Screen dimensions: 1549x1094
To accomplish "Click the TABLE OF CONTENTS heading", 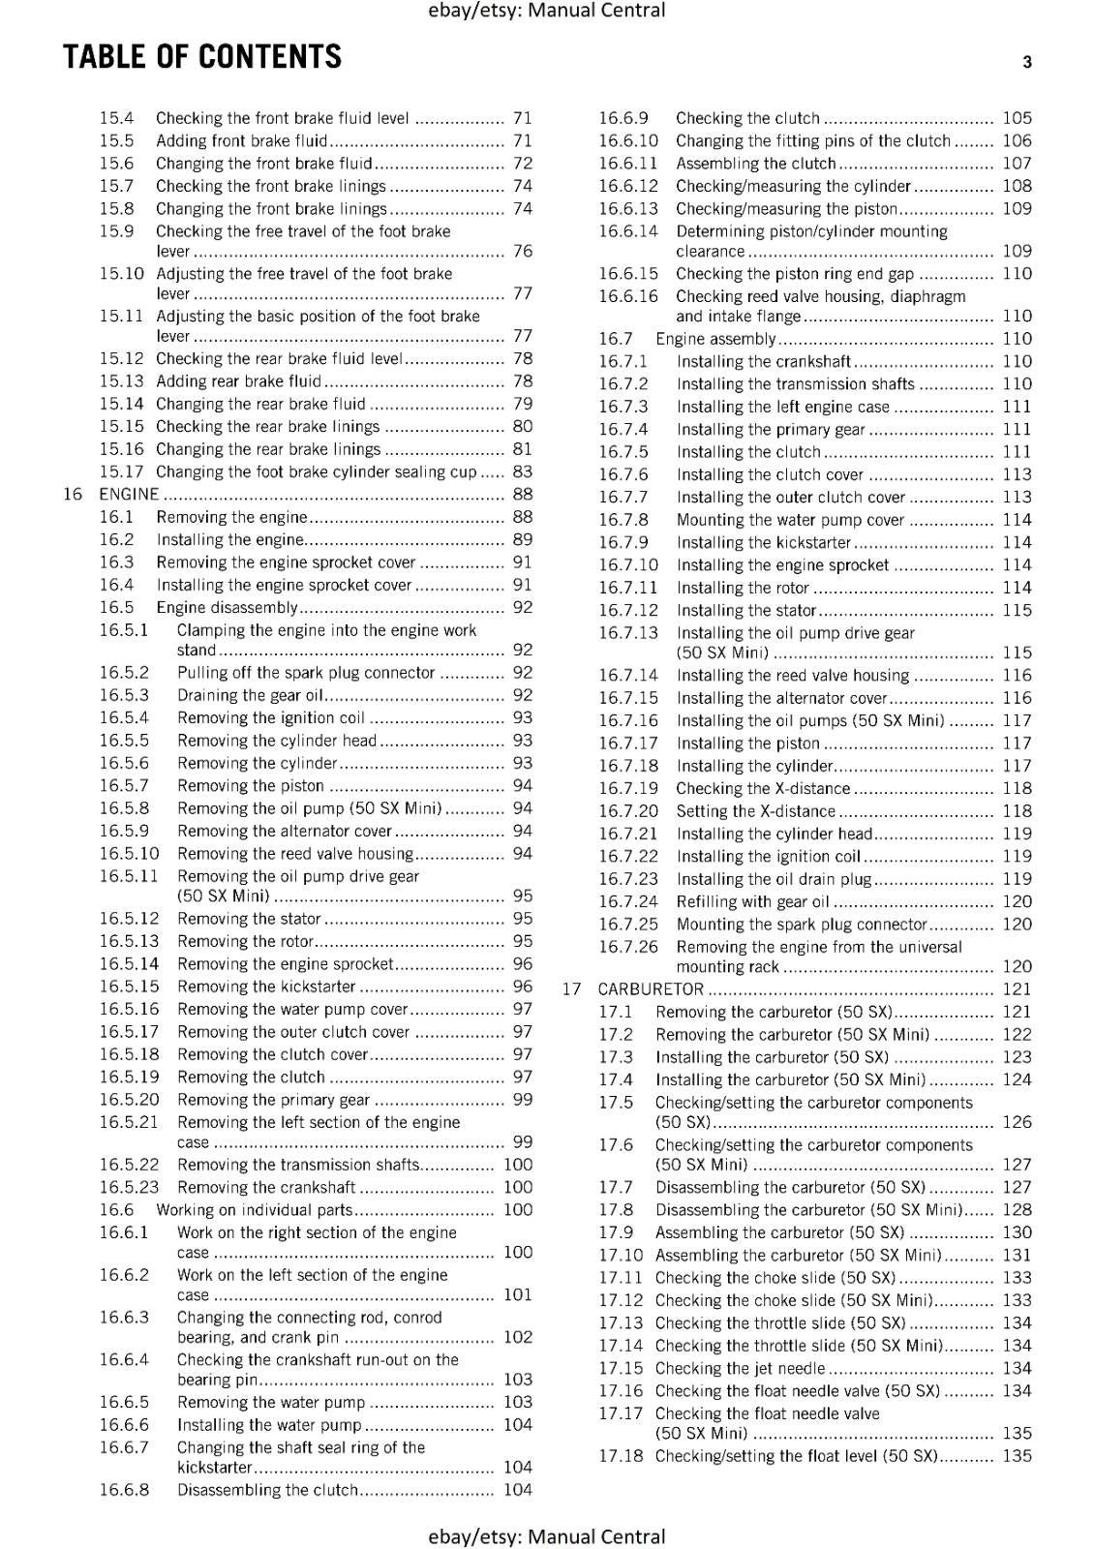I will click(202, 57).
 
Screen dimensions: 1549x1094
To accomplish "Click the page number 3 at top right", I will click(1027, 63).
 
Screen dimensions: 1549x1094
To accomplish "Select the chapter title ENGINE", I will click(129, 494).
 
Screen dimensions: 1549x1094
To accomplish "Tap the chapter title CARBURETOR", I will click(651, 988).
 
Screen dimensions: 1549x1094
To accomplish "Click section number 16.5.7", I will click(124, 785).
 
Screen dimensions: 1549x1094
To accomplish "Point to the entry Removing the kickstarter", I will click(266, 987).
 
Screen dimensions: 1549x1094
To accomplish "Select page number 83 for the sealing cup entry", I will click(523, 471).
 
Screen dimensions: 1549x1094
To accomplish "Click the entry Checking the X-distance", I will click(763, 788).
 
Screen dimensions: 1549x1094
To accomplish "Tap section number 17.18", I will click(621, 1455).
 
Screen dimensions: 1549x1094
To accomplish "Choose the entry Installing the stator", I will click(746, 610).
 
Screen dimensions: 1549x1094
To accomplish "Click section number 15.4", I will click(116, 118).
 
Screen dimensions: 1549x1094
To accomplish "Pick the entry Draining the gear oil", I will click(250, 695).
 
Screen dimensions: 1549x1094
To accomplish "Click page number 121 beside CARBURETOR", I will click(1017, 988).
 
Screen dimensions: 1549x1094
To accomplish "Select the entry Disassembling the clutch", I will click(267, 1490).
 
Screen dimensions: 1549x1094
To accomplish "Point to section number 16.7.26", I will click(627, 947).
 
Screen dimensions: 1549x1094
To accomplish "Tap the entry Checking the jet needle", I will click(740, 1368).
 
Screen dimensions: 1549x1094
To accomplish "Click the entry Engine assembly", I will click(715, 339).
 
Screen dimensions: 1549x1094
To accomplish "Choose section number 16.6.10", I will click(627, 140).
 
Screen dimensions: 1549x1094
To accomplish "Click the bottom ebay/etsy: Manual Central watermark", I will click(547, 1536).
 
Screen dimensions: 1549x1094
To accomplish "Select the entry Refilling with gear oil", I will click(752, 901).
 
